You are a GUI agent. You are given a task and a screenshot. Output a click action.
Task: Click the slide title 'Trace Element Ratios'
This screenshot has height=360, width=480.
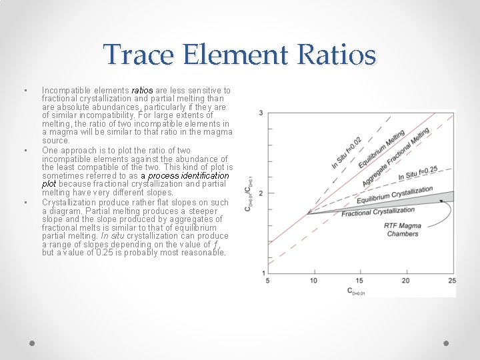pyautogui.click(x=240, y=55)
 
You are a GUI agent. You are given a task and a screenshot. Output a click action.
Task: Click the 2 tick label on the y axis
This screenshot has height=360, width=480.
pyautogui.click(x=261, y=193)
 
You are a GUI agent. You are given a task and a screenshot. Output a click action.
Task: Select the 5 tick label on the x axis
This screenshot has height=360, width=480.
pyautogui.click(x=268, y=281)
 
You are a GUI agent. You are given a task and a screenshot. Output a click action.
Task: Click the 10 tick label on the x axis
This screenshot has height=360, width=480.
pyautogui.click(x=313, y=281)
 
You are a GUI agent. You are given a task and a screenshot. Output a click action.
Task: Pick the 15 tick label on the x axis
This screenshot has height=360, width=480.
pyautogui.click(x=360, y=281)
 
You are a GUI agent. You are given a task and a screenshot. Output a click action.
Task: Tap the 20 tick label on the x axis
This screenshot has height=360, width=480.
pyautogui.click(x=406, y=281)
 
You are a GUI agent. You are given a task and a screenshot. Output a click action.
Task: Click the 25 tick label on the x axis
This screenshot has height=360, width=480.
pyautogui.click(x=451, y=281)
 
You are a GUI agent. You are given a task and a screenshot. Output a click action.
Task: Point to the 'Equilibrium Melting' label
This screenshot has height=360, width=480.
pyautogui.click(x=381, y=149)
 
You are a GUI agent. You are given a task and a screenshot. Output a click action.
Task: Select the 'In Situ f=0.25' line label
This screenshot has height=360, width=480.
pyautogui.click(x=418, y=174)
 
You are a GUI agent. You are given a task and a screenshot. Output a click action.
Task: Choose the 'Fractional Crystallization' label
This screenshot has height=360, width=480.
pyautogui.click(x=378, y=212)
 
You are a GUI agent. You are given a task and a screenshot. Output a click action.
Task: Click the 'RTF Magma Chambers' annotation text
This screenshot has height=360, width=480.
pyautogui.click(x=402, y=229)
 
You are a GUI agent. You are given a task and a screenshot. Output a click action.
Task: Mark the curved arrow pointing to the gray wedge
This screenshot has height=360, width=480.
pyautogui.click(x=445, y=212)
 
